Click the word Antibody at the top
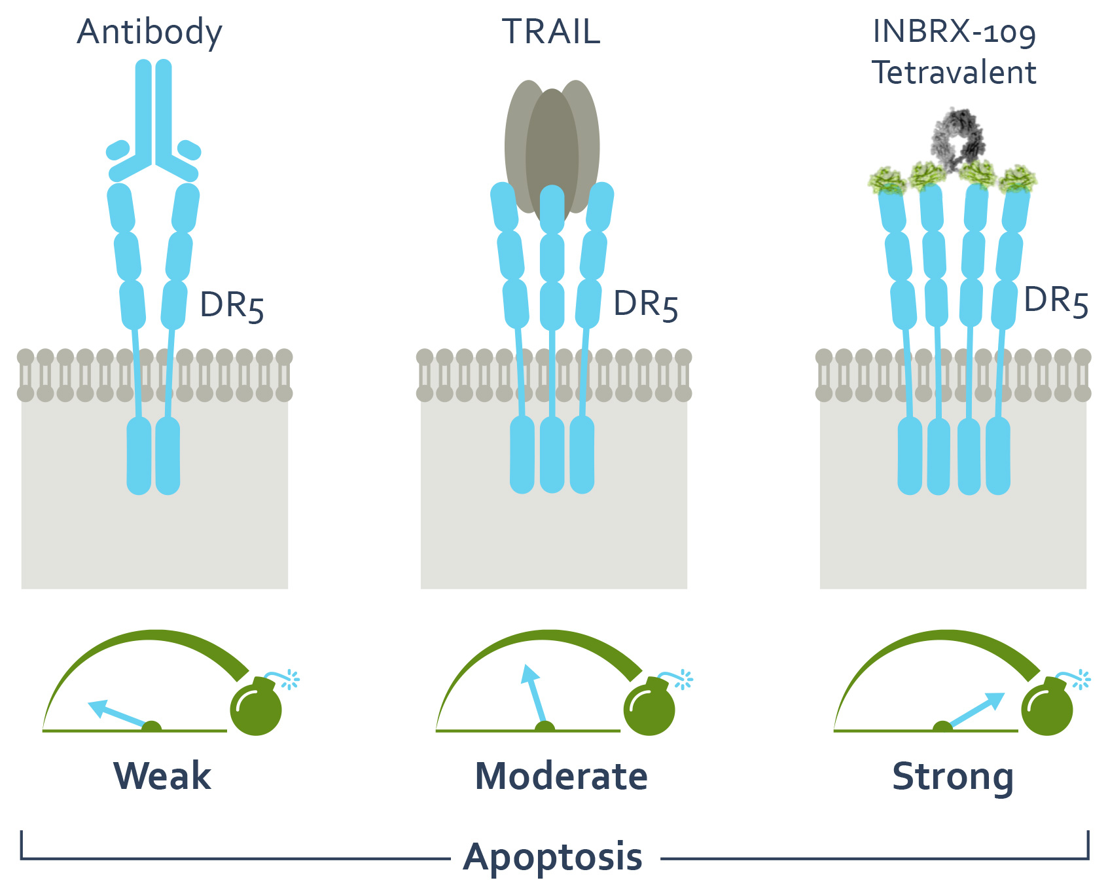coord(149,33)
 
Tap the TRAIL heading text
coord(551,33)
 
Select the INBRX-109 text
coord(954,31)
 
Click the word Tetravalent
coord(954,72)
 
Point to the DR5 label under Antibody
coord(232,306)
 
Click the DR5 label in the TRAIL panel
coord(645,304)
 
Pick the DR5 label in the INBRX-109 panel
coord(1056,301)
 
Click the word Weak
coord(162,776)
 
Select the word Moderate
coord(561,776)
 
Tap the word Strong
coord(953,778)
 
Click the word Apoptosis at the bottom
coord(553,857)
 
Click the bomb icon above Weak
coord(257,707)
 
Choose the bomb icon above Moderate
coord(649,707)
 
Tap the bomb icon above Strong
coord(1047,707)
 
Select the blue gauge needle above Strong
coord(975,710)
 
